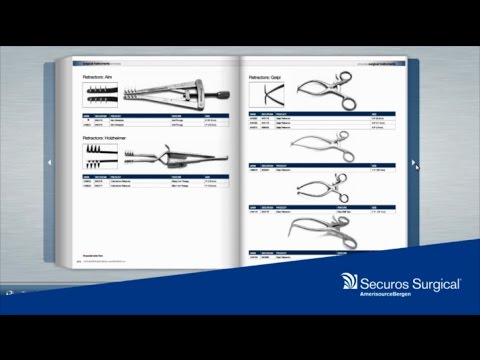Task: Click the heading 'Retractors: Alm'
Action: (101, 76)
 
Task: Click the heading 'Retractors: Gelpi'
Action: (267, 76)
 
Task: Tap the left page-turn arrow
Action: (46, 161)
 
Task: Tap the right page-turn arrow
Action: (413, 161)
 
